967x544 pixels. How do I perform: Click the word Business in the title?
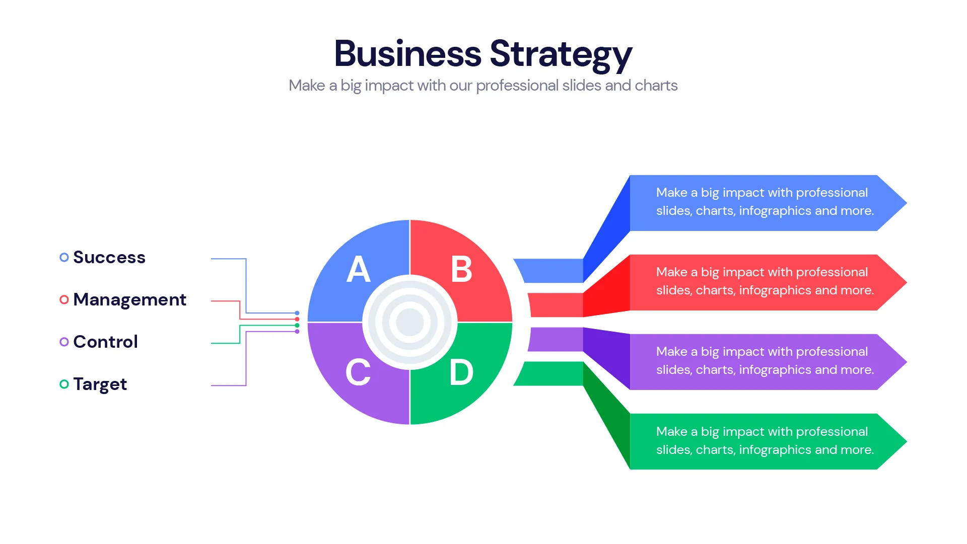407,53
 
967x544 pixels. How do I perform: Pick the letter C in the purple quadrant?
358,372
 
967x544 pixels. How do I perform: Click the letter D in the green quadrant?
461,372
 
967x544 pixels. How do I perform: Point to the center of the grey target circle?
410,322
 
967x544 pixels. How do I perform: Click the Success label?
109,257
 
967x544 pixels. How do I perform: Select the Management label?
129,299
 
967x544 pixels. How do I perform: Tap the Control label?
105,342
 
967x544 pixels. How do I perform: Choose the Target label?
100,384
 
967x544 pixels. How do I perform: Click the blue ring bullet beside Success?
64,257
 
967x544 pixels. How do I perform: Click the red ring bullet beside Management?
64,300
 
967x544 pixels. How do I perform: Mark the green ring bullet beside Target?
64,384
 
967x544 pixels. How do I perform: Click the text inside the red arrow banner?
765,281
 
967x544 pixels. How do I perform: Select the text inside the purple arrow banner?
765,361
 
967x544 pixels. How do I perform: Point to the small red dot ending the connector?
297,319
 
